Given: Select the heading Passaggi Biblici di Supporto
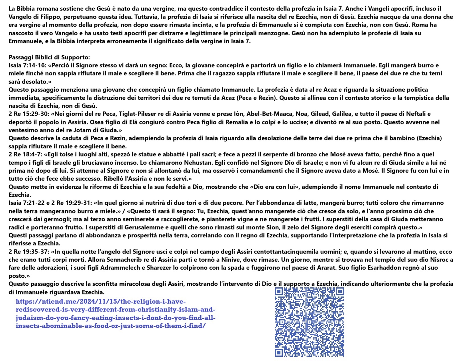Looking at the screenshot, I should [49, 57].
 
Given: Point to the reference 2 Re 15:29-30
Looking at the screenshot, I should [29, 114].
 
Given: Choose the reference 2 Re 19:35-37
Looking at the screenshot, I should [29, 252].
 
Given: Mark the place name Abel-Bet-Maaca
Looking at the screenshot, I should [269, 114].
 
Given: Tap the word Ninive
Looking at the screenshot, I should [229, 260].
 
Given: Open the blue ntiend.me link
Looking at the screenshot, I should [115, 314].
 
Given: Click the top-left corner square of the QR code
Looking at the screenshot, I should [279, 292].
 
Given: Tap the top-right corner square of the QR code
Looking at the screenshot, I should [339, 292].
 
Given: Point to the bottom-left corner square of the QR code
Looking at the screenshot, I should [279, 352].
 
